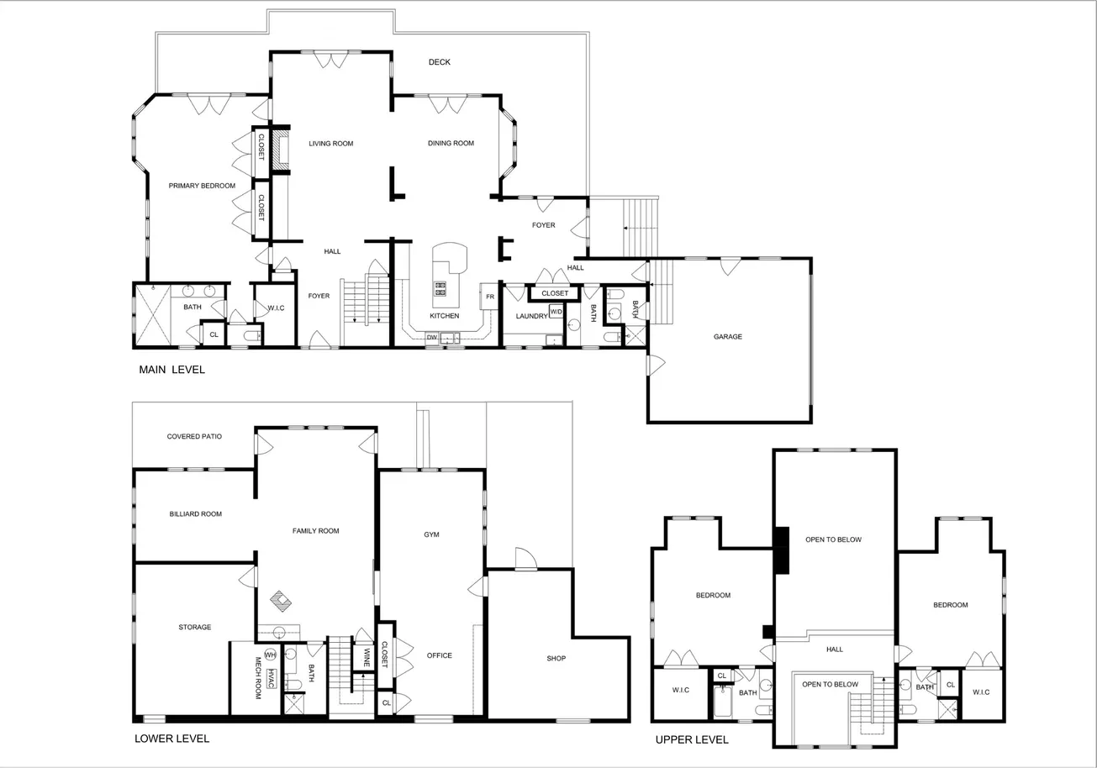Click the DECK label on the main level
[440, 62]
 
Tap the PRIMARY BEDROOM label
[202, 186]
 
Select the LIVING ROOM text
[331, 144]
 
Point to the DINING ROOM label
[451, 144]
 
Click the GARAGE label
[728, 337]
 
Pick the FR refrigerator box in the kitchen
[489, 296]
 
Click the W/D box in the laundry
[556, 311]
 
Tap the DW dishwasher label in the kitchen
[431, 337]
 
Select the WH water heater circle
[271, 655]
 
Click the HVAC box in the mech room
[272, 678]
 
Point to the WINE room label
[367, 658]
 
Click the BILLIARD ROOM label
[195, 514]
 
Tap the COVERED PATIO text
[194, 437]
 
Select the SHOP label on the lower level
[556, 659]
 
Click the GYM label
[431, 534]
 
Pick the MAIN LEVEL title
[171, 370]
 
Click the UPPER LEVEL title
[692, 739]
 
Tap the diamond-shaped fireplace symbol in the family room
[280, 601]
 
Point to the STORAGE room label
[195, 627]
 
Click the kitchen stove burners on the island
[440, 289]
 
